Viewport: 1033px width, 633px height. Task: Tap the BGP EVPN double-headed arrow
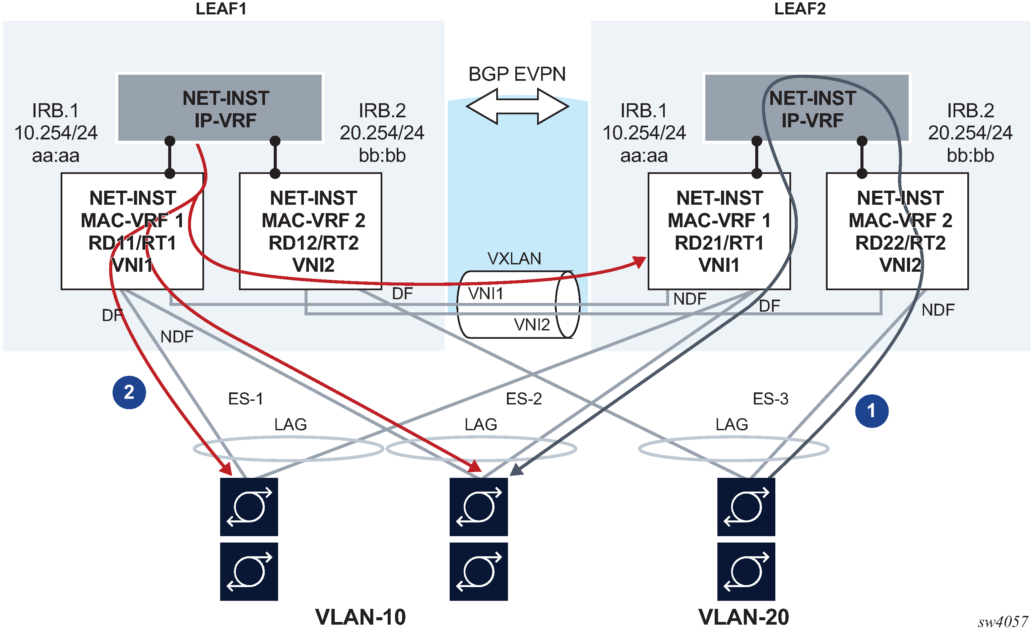[x=517, y=106]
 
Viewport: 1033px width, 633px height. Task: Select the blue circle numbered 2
[x=129, y=392]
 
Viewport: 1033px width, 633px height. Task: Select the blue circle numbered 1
[x=871, y=411]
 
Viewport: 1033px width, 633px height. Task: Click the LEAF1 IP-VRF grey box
[x=220, y=108]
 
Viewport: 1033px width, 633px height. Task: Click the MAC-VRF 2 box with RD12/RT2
[x=310, y=231]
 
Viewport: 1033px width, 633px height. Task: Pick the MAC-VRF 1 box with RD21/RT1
[x=719, y=231]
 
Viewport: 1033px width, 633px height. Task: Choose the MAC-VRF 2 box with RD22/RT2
[x=897, y=231]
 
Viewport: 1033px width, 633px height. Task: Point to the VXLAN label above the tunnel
[x=514, y=259]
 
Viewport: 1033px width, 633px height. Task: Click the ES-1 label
[x=246, y=399]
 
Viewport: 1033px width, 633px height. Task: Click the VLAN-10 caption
[x=361, y=617]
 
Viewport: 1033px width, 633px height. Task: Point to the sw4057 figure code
[x=1003, y=621]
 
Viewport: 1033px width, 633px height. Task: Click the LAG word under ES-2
[x=480, y=425]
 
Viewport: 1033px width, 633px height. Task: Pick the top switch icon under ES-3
[x=746, y=507]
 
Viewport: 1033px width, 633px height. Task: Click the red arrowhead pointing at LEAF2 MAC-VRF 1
[x=639, y=262]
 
